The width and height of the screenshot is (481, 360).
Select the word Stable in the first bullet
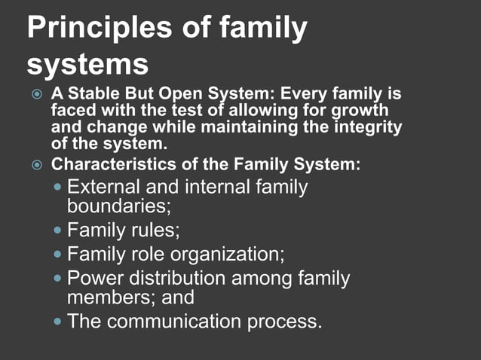click(93, 96)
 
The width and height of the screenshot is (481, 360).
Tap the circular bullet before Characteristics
click(37, 164)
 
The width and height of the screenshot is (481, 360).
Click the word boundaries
click(118, 204)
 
